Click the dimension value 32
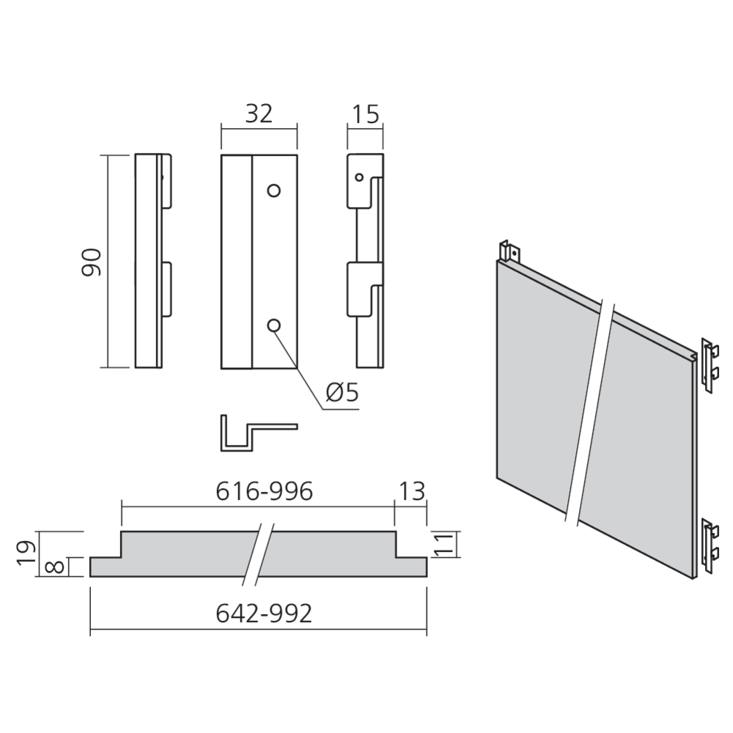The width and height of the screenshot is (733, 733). pyautogui.click(x=259, y=114)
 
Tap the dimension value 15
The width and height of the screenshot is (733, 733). pyautogui.click(x=366, y=114)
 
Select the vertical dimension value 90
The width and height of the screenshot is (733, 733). pyautogui.click(x=92, y=262)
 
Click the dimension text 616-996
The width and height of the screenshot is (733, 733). pyautogui.click(x=264, y=491)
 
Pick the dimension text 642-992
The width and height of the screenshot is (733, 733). pyautogui.click(x=264, y=614)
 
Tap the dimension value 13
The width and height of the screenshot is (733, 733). pyautogui.click(x=412, y=491)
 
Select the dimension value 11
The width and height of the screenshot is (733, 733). pyautogui.click(x=444, y=545)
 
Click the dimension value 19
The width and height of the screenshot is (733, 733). pyautogui.click(x=26, y=553)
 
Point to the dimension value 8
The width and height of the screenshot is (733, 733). pyautogui.click(x=55, y=567)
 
